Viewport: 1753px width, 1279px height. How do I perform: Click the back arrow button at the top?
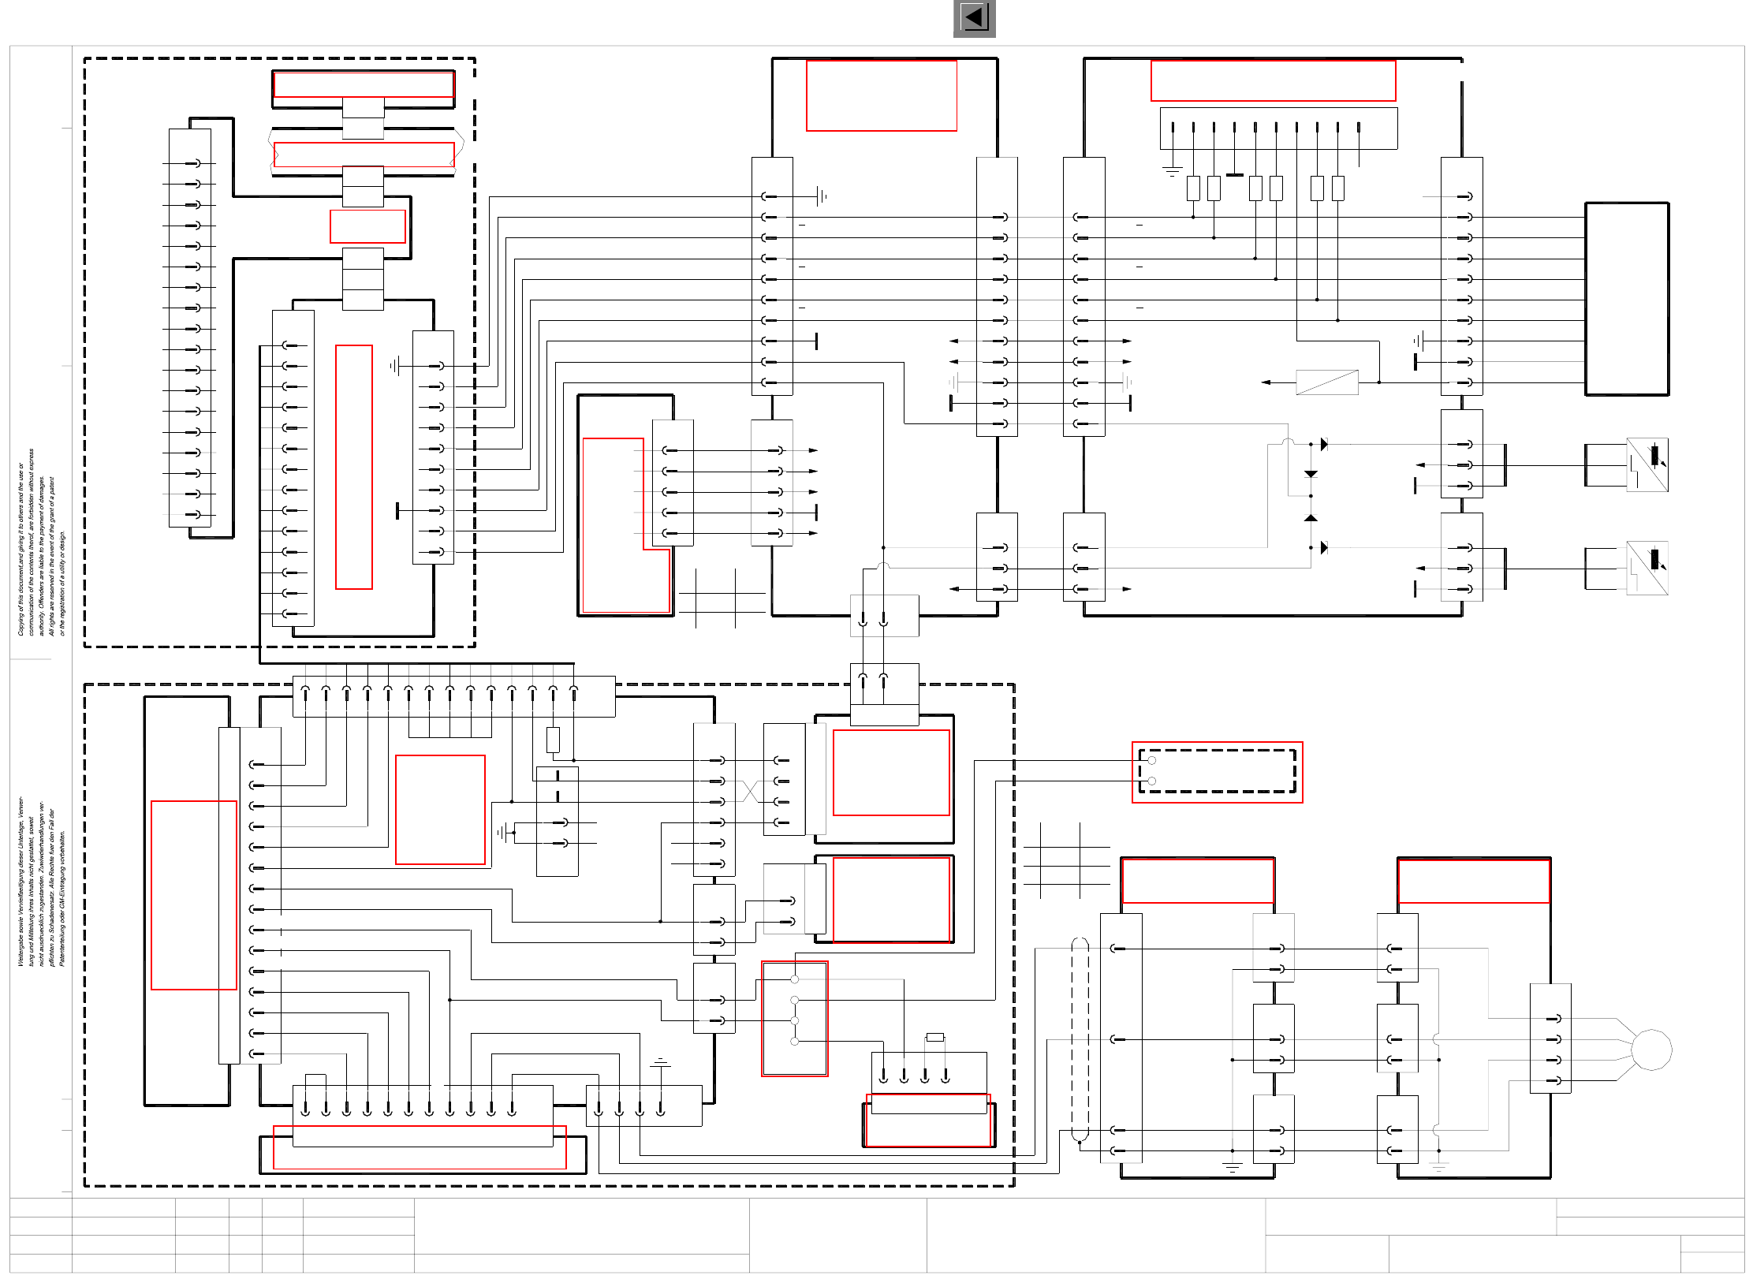pos(974,18)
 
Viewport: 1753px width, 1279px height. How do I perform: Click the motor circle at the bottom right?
pos(1650,1050)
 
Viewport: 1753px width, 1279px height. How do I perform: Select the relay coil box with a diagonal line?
pos(1326,382)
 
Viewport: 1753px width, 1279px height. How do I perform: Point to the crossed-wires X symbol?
pos(750,791)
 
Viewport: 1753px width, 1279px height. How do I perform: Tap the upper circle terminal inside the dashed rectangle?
pos(1152,761)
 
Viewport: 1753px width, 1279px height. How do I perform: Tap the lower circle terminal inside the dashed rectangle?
pos(1152,781)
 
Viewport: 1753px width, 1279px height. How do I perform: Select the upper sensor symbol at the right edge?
pos(1647,464)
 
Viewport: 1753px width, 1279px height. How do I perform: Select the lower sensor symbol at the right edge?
pos(1647,568)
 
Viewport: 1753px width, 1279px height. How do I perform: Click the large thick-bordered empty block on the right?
pos(1626,299)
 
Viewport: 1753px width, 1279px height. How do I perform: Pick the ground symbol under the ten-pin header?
pos(1173,170)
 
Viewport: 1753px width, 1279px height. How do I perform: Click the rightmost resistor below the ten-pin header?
pos(1337,188)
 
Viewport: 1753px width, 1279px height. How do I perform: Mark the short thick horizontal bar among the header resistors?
pos(1235,175)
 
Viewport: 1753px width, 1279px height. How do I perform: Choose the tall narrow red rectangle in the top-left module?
pos(353,467)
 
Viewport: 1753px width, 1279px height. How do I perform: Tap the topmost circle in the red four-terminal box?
pos(795,979)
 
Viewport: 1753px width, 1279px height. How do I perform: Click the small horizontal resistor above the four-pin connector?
pos(935,1038)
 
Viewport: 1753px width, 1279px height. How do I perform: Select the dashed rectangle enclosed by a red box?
pos(1217,772)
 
